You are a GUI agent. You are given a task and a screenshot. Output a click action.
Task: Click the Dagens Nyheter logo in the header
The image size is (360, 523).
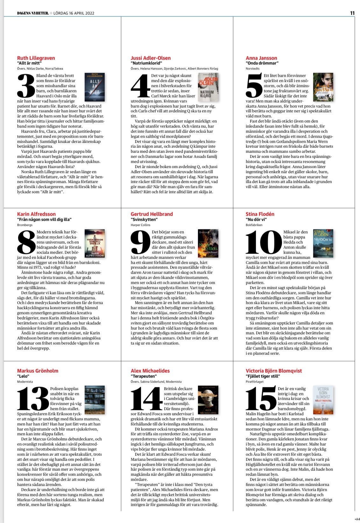pyautogui.click(x=33, y=13)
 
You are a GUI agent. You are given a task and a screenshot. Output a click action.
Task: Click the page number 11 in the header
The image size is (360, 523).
pyautogui.click(x=352, y=13)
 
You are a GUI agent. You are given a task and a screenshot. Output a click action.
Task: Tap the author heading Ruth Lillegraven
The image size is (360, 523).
pyautogui.click(x=36, y=58)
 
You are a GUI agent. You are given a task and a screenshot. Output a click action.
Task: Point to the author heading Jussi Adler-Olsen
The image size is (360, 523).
pyautogui.click(x=151, y=58)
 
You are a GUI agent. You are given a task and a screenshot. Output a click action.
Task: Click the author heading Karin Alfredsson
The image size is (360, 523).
pyautogui.click(x=36, y=214)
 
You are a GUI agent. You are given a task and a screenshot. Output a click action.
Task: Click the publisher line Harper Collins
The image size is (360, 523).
pyautogui.click(x=141, y=225)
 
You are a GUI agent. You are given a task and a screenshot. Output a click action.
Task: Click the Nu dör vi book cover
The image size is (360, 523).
pyautogui.click(x=323, y=243)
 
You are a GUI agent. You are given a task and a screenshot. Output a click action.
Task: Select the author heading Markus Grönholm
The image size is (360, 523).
pyautogui.click(x=38, y=371)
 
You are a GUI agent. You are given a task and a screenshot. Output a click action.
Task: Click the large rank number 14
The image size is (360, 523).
pyautogui.click(x=146, y=399)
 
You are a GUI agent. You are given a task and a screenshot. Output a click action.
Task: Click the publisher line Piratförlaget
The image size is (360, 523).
pyautogui.click(x=255, y=382)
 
